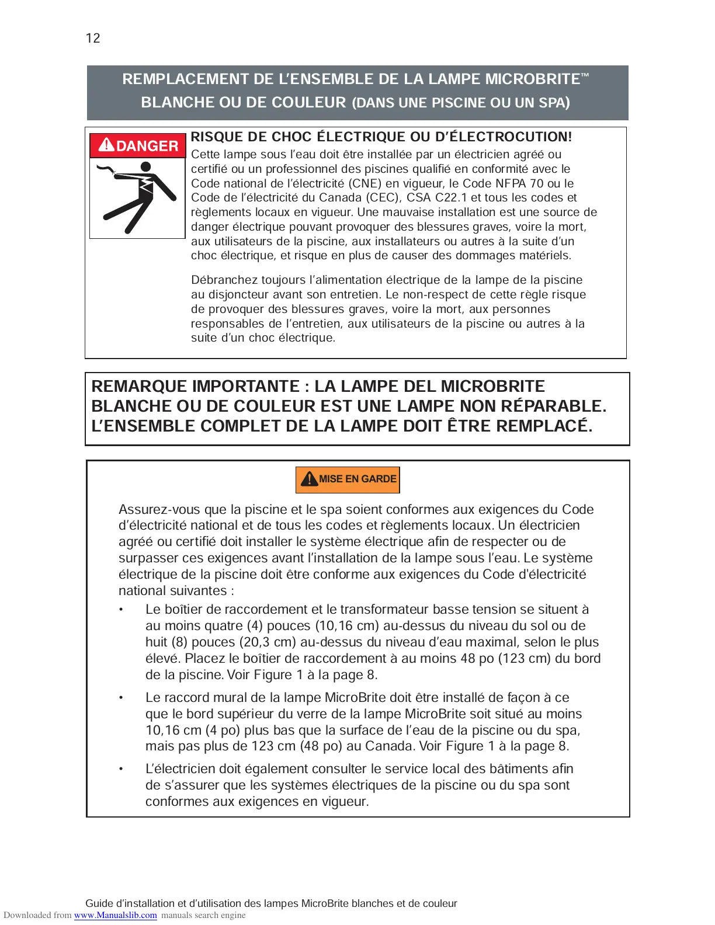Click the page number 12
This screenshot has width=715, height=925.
[x=93, y=39]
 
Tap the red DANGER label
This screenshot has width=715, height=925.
[x=138, y=145]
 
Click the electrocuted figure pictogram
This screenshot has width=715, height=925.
[x=137, y=197]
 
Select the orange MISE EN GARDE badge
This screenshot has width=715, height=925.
[x=348, y=479]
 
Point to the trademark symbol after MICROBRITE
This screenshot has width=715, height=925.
[x=585, y=75]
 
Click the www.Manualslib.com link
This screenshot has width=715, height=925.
[x=115, y=915]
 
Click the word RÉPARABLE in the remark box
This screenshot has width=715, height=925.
[x=557, y=406]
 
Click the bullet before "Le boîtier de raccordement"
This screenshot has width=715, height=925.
[x=122, y=610]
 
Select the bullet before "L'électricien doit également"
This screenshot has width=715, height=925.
[x=122, y=769]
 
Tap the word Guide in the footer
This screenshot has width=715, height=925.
[x=99, y=903]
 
